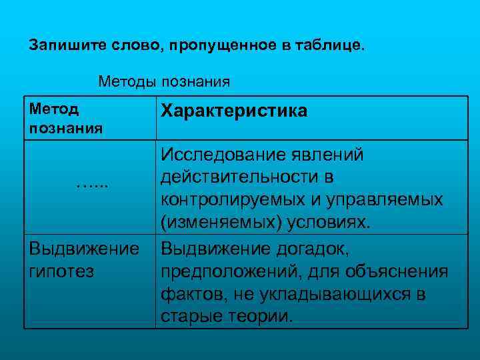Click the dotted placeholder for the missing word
tap(91, 182)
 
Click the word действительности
tap(241, 177)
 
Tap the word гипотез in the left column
tap(61, 271)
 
